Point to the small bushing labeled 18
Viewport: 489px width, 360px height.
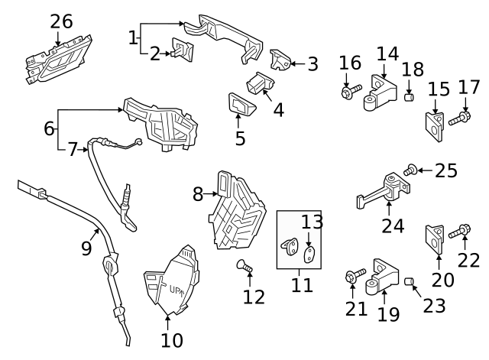(409, 98)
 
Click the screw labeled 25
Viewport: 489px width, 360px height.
(411, 170)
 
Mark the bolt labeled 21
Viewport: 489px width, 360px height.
(353, 277)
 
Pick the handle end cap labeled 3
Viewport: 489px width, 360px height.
(280, 59)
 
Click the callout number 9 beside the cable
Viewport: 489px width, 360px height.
(86, 248)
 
